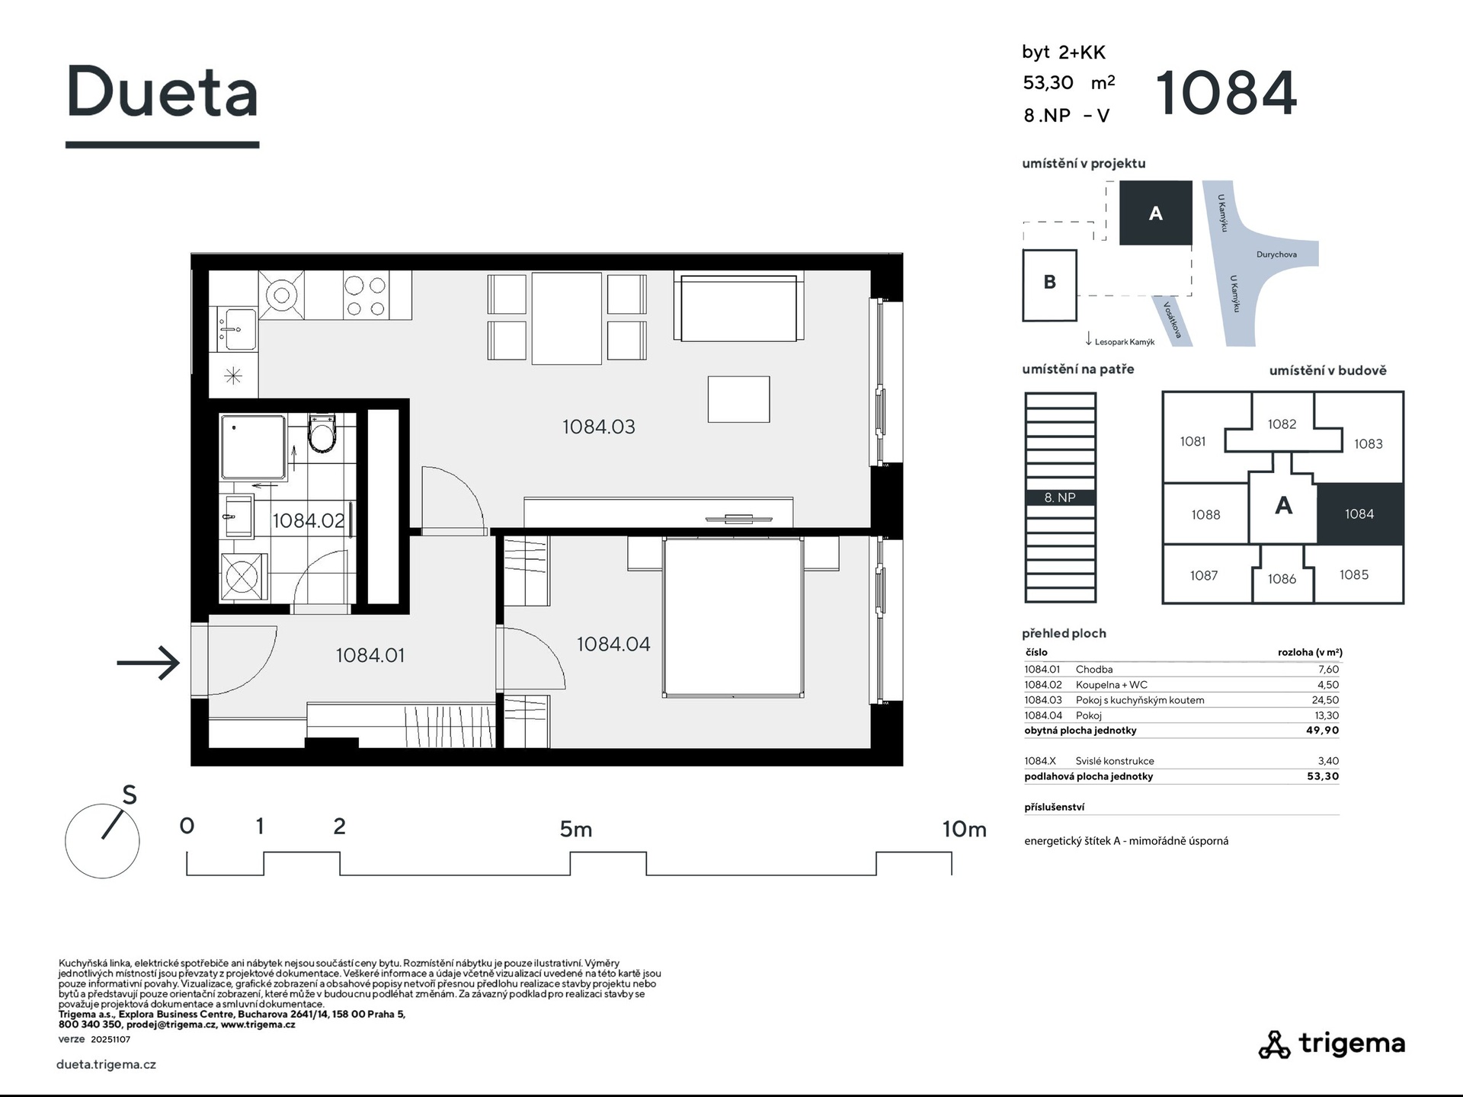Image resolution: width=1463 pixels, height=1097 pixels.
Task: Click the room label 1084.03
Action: tap(598, 427)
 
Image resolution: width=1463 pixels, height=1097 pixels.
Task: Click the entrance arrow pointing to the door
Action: tap(149, 663)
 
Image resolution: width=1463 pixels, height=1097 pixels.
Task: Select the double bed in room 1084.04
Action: tap(733, 617)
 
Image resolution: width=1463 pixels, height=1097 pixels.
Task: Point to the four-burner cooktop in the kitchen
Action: tap(366, 296)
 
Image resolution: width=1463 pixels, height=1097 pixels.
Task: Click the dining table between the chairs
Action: tap(566, 318)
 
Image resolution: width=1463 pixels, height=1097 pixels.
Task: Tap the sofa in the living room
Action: tap(738, 308)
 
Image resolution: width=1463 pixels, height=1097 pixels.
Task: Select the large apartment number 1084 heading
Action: tap(1226, 93)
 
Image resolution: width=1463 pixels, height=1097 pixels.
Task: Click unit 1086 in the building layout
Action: tap(1282, 579)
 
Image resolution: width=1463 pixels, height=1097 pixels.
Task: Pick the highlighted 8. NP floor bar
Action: tap(1060, 497)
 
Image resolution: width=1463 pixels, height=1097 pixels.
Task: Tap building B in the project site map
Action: tap(1049, 285)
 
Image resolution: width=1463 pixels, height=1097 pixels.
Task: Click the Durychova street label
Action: tap(1276, 254)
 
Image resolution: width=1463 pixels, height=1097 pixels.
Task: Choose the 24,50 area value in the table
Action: tap(1325, 700)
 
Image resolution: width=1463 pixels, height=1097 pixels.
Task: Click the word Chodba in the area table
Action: tap(1094, 670)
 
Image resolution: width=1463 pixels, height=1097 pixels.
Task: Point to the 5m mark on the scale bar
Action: tap(576, 829)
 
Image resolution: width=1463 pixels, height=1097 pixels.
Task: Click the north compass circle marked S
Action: tap(102, 841)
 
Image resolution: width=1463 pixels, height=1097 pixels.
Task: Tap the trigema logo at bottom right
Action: tap(1331, 1044)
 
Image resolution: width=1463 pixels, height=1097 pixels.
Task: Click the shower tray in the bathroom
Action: tap(253, 446)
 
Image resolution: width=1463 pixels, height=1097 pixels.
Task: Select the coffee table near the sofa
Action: tap(738, 399)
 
